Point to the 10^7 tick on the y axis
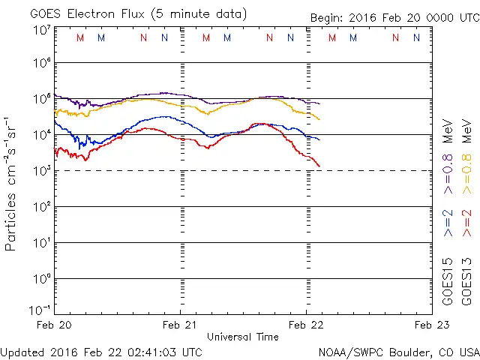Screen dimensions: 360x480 pyautogui.click(x=40, y=30)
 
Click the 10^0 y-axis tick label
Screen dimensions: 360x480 pyautogui.click(x=40, y=279)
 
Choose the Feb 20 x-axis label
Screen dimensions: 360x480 pyautogui.click(x=54, y=325)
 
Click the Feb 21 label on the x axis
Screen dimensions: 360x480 pyautogui.click(x=180, y=325)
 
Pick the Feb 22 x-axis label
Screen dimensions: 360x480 pyautogui.click(x=306, y=325)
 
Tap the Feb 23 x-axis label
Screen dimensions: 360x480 pyautogui.click(x=430, y=325)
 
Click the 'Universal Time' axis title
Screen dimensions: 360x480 pyautogui.click(x=243, y=337)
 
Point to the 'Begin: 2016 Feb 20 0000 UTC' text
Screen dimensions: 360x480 pyautogui.click(x=395, y=17)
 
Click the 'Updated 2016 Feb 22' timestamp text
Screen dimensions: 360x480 pyautogui.click(x=101, y=351)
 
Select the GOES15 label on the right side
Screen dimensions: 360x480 pyautogui.click(x=448, y=280)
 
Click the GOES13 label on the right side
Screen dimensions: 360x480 pyautogui.click(x=466, y=280)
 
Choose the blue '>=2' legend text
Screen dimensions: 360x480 pyautogui.click(x=448, y=223)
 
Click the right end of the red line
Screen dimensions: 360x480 pyautogui.click(x=319, y=166)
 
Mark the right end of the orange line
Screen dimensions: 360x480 pyautogui.click(x=319, y=119)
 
